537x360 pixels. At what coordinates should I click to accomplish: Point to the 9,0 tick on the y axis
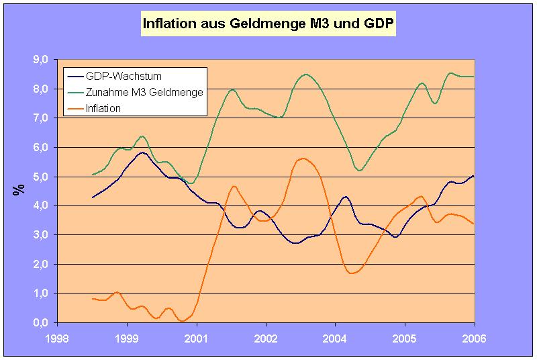tap(40, 60)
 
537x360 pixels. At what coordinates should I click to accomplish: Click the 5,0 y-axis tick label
tap(40, 177)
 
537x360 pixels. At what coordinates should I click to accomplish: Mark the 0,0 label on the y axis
tap(40, 322)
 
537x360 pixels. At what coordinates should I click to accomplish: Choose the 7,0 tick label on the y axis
tap(40, 118)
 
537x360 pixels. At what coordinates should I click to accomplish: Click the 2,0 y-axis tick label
tap(40, 264)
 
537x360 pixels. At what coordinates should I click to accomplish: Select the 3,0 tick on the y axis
tap(40, 235)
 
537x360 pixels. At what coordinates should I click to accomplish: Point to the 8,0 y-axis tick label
tap(40, 89)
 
